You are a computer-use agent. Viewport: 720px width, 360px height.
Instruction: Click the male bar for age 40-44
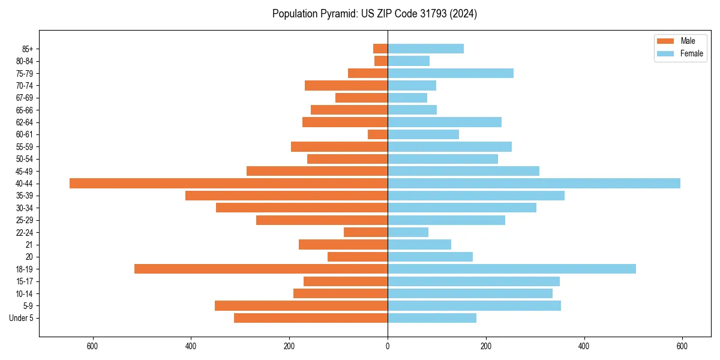coord(229,184)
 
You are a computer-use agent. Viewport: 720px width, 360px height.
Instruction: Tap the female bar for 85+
coord(425,49)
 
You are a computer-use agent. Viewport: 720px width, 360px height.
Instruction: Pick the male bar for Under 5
coord(311,318)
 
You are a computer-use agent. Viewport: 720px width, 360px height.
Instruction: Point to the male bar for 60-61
coord(378,134)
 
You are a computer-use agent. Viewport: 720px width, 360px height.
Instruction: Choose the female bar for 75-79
coord(451,73)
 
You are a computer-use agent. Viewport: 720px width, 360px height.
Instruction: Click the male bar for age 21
coord(343,245)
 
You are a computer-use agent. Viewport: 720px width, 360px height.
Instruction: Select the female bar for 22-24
coord(408,232)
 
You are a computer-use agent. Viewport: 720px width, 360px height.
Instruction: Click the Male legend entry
coord(688,41)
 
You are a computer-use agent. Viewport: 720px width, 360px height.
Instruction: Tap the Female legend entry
coord(691,53)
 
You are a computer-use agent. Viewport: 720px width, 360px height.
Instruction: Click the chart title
coord(374,14)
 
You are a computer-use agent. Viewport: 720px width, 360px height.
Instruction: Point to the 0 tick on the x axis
coord(388,346)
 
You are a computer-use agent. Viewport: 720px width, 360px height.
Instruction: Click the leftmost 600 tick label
coord(92,346)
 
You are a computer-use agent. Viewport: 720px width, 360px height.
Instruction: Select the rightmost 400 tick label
coord(584,346)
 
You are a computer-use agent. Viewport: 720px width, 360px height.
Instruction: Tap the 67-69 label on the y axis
coord(25,98)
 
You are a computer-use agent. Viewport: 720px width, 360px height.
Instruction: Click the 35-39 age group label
coord(25,196)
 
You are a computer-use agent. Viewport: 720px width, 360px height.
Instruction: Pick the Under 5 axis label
coord(22,318)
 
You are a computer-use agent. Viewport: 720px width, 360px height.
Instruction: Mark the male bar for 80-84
coord(381,61)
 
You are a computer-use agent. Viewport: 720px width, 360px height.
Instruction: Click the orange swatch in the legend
coord(665,41)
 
